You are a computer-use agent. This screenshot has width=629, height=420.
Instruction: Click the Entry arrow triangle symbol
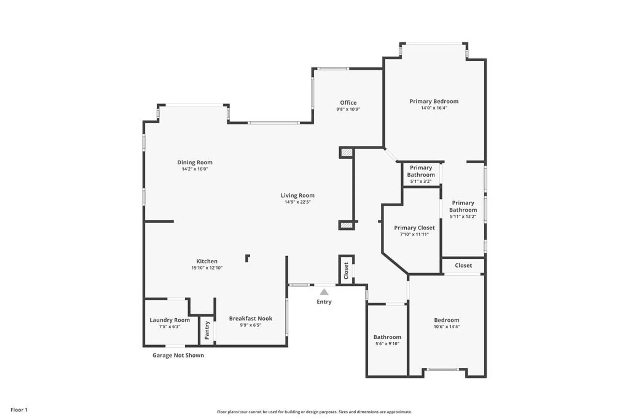tap(324, 292)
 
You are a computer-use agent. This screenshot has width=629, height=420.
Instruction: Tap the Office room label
tap(348, 103)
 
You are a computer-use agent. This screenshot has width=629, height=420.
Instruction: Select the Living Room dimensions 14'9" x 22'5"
tap(298, 202)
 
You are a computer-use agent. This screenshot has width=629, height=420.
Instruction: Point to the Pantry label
tap(207, 330)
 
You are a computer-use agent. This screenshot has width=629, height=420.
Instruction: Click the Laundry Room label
tap(170, 320)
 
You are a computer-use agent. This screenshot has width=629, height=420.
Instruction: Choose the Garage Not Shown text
tap(178, 355)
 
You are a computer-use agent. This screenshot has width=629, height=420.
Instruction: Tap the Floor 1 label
tap(19, 410)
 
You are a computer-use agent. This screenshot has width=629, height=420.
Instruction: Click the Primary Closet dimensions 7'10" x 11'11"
tap(414, 234)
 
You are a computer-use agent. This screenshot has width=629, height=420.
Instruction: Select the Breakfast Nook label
tap(251, 318)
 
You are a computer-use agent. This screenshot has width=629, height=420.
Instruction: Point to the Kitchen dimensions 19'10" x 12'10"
tap(207, 268)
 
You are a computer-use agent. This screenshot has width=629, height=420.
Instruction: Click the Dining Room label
tap(195, 162)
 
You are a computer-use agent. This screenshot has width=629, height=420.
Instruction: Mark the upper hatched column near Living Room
tap(347, 153)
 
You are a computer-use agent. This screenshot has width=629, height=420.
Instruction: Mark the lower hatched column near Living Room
tap(347, 225)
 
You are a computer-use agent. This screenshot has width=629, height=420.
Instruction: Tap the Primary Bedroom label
tap(434, 101)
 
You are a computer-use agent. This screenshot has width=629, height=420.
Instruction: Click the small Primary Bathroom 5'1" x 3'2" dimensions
tap(421, 181)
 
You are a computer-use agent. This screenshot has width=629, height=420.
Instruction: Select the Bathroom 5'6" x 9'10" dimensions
tap(387, 344)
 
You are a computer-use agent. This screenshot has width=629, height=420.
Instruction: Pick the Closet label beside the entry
tap(346, 270)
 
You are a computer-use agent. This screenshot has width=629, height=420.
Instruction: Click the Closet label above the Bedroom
tap(463, 265)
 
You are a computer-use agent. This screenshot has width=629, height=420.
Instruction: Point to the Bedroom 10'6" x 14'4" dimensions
tap(447, 327)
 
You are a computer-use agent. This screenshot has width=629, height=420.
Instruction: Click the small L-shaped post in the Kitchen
tap(248, 258)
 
